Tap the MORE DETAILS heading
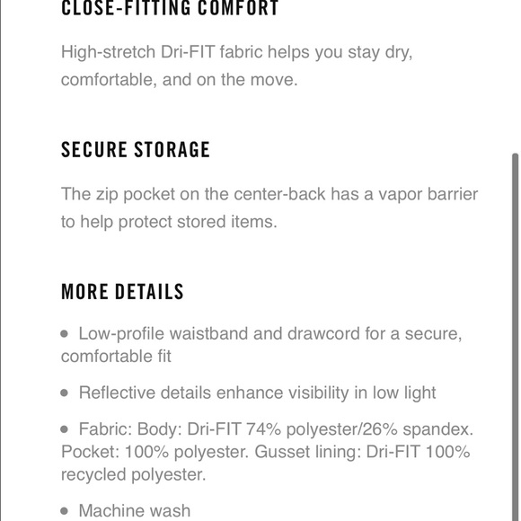pyautogui.click(x=122, y=292)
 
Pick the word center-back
pyautogui.click(x=279, y=194)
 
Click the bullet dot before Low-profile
pyautogui.click(x=65, y=333)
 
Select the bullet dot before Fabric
pyautogui.click(x=65, y=428)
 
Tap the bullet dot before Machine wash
pyautogui.click(x=65, y=510)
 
